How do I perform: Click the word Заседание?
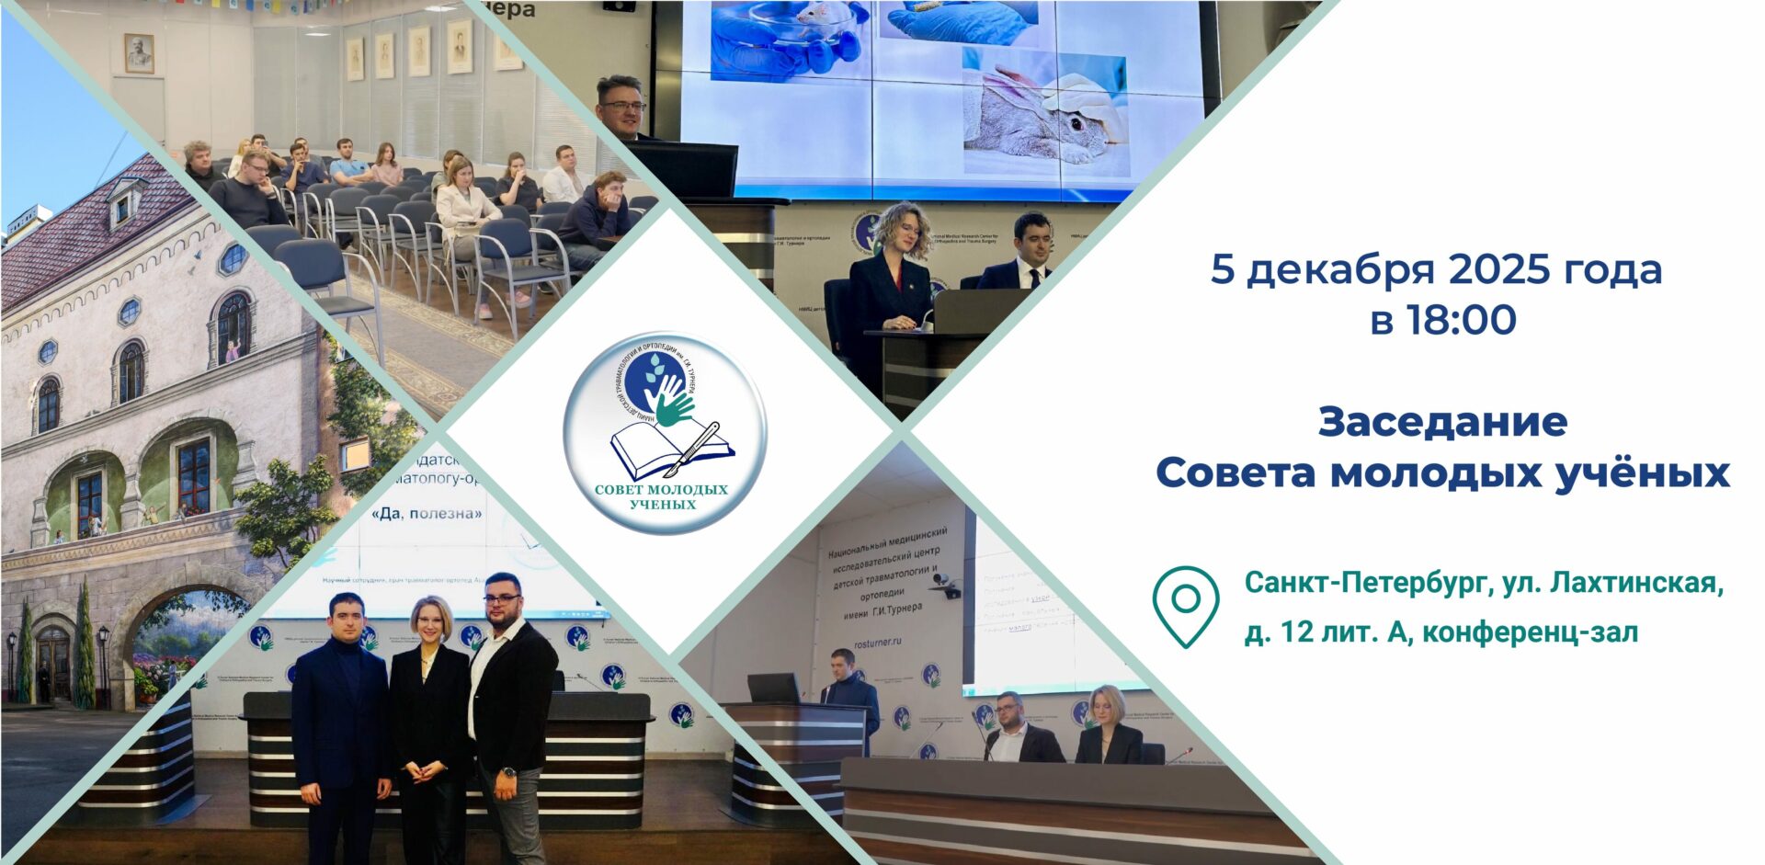1442,422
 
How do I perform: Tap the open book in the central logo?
668,451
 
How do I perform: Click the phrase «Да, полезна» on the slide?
427,514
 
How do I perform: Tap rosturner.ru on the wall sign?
877,643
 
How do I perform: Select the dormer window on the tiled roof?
123,205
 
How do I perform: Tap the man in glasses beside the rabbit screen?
622,108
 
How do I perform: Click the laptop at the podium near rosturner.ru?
772,688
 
